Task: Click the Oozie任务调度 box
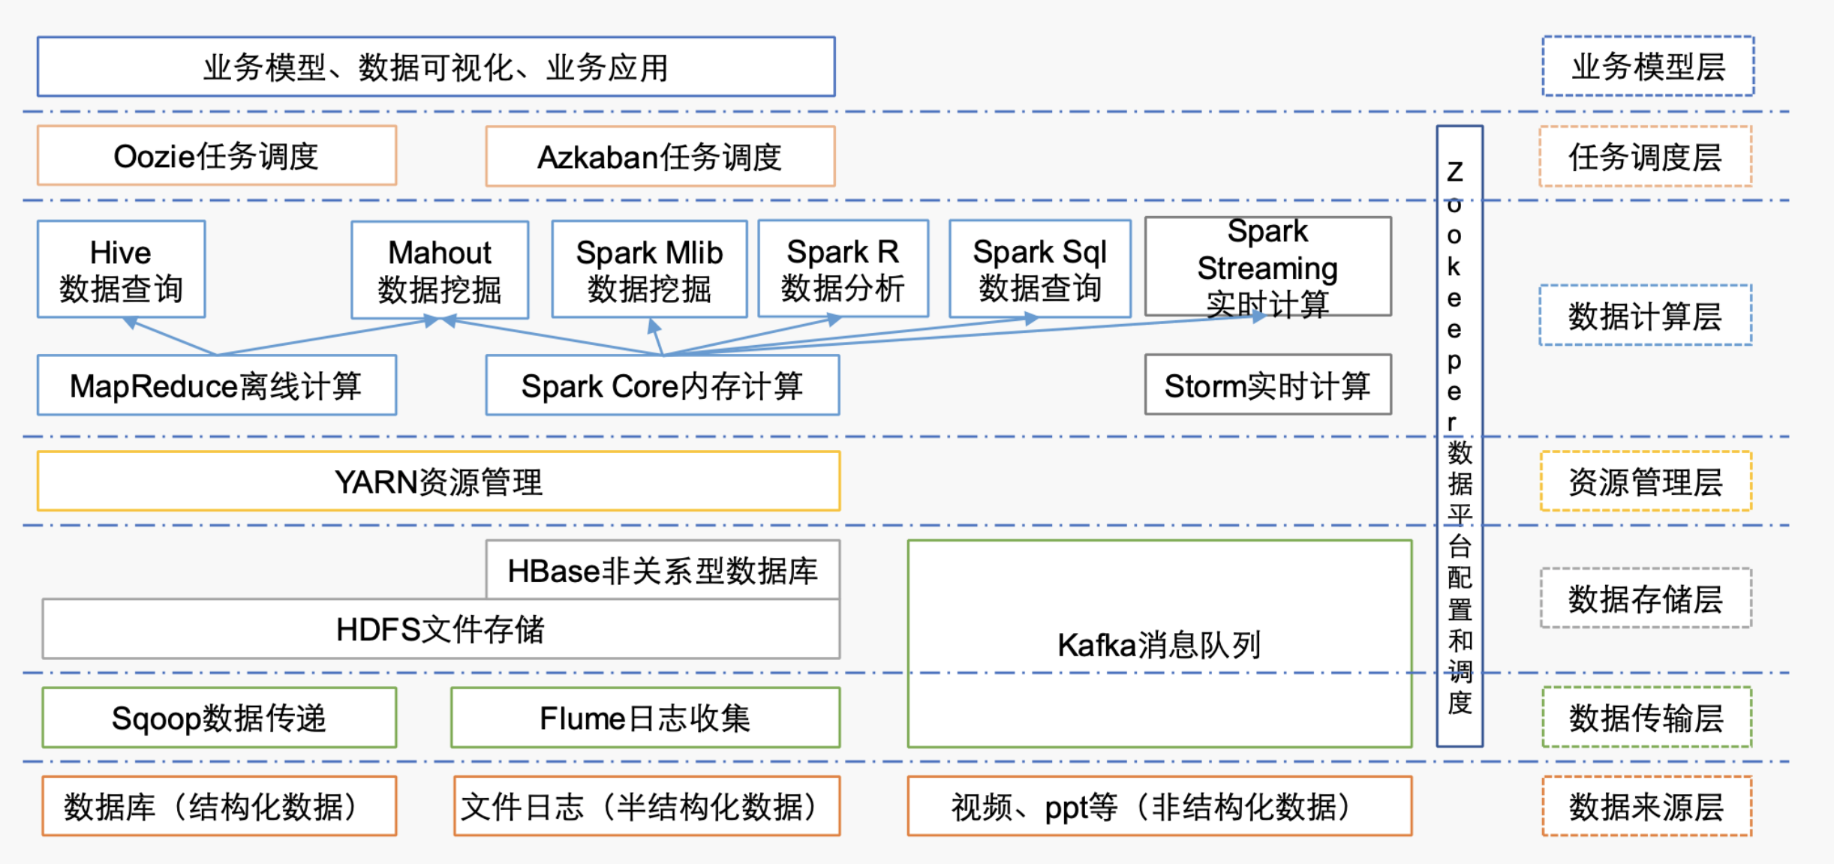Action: [216, 156]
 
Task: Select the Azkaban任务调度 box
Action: [660, 157]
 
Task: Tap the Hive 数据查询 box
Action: [121, 269]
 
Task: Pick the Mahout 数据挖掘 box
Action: [440, 270]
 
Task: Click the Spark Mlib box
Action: [649, 269]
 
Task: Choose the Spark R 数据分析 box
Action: [843, 268]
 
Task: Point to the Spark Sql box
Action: [1039, 268]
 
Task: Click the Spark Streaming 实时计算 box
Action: [1267, 267]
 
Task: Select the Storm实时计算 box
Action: [1267, 385]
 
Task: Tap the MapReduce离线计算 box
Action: [216, 385]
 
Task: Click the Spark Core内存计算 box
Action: [662, 385]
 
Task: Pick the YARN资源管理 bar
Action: [438, 481]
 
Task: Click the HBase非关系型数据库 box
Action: [662, 570]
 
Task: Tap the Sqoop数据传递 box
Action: [218, 718]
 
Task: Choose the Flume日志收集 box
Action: [645, 718]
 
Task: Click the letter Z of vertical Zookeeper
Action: [1455, 172]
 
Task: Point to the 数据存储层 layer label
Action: [1645, 598]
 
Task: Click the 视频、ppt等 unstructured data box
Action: [1159, 806]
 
